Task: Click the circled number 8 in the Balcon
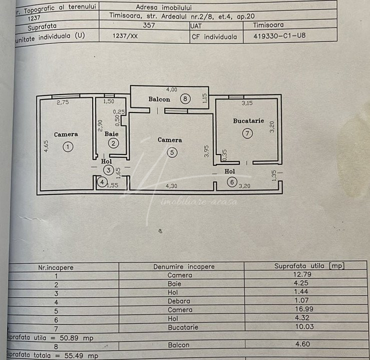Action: (185, 98)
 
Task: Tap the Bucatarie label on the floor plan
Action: (248, 121)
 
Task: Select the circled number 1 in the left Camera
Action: (68, 147)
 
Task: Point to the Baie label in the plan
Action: (111, 134)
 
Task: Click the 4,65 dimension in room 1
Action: (46, 146)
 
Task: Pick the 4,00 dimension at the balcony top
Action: (172, 89)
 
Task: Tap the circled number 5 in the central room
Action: (172, 152)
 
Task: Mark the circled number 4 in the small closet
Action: (102, 182)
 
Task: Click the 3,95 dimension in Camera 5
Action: (206, 151)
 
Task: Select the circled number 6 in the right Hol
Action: (232, 182)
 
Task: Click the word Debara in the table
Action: (179, 301)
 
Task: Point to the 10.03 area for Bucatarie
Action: (304, 326)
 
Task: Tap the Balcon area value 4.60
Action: (302, 344)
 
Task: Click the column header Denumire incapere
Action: (184, 266)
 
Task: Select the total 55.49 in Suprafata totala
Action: (74, 355)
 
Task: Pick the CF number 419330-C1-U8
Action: (279, 36)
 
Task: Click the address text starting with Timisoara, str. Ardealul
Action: (182, 16)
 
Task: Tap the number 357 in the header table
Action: (149, 25)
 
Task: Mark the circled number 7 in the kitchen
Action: (247, 133)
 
